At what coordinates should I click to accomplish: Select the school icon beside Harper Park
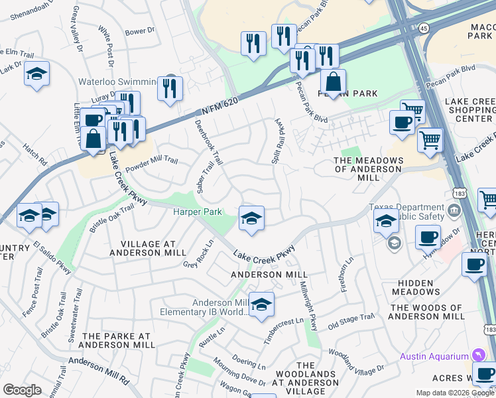tap(251, 219)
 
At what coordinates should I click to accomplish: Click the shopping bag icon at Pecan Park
tap(333, 83)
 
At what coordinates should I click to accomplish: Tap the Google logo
tap(22, 390)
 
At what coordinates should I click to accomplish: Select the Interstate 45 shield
tap(422, 29)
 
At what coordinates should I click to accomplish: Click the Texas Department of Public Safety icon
tap(454, 211)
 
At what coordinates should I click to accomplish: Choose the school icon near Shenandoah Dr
tap(36, 74)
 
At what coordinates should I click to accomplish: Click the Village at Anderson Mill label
tap(144, 247)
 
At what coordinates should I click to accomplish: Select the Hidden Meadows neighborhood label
tap(416, 287)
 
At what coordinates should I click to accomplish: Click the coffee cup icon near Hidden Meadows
tap(428, 236)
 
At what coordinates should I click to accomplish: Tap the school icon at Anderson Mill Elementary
tap(261, 304)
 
